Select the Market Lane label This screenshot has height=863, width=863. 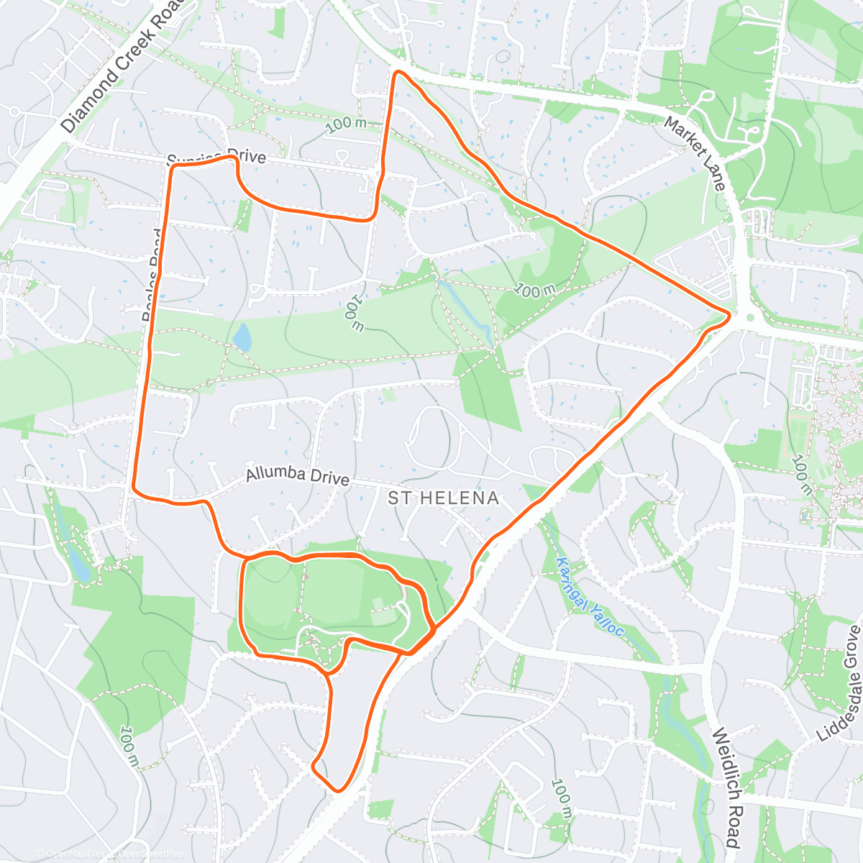[694, 153]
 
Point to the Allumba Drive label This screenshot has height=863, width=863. [297, 476]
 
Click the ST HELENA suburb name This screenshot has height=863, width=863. [443, 498]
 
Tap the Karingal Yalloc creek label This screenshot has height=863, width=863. [590, 597]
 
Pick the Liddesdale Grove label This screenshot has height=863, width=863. [841, 683]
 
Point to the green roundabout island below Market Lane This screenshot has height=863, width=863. [751, 316]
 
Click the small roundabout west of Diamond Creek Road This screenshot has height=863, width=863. [14, 111]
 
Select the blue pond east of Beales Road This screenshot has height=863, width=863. [242, 337]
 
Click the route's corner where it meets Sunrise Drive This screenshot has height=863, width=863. [173, 166]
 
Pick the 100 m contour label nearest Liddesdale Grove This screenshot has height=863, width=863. [801, 475]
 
